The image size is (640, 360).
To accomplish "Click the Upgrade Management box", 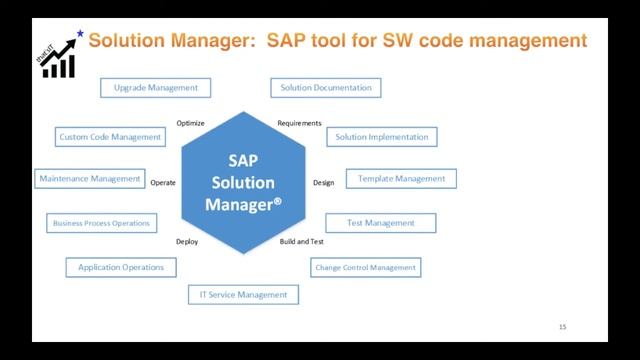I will (x=156, y=88).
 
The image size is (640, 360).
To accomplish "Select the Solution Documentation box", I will (x=325, y=88).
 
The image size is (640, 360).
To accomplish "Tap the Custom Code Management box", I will (x=110, y=137).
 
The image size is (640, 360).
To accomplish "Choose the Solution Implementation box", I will (x=381, y=137).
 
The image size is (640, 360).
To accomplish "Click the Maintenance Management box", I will (x=89, y=179).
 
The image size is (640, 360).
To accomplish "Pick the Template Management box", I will (x=401, y=179).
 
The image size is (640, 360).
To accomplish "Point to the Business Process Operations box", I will (x=101, y=223).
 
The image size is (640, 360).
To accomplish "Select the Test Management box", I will (x=381, y=223).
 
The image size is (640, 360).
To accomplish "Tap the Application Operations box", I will (x=122, y=267).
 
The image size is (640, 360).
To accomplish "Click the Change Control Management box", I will (x=365, y=267).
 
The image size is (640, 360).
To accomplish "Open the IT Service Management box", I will (x=243, y=294).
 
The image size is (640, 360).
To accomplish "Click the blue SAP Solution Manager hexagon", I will (x=244, y=184).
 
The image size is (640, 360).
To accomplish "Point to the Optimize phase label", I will (x=190, y=123).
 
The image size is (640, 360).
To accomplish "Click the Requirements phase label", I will (x=299, y=123).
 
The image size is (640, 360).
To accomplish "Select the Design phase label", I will (x=323, y=183).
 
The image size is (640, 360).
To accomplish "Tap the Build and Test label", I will (x=301, y=242).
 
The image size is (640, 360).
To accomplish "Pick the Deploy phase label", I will (x=187, y=242).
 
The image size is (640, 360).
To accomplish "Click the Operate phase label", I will (x=163, y=183).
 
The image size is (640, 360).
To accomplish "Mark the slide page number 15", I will (x=562, y=327).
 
